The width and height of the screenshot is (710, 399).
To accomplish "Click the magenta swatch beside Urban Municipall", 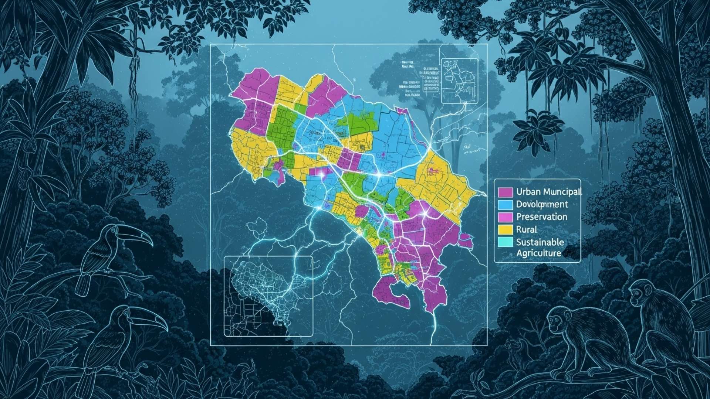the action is (505, 192).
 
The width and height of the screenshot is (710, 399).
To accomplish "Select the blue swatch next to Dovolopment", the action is (505, 204).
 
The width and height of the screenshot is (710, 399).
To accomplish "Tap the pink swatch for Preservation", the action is (505, 217).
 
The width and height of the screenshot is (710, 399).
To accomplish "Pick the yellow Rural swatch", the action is (505, 229).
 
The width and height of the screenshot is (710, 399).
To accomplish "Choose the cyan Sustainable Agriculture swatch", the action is (505, 242).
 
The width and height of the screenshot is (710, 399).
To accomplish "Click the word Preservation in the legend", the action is (542, 217).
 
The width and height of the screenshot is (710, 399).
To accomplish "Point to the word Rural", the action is (527, 229).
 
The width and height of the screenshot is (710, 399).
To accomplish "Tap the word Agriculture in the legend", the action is (539, 253).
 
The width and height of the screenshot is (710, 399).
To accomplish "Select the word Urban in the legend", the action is (528, 192).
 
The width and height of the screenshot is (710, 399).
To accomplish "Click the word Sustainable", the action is (540, 242).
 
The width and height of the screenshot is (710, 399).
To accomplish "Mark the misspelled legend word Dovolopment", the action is (542, 204).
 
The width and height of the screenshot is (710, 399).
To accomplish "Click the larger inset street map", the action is (268, 296).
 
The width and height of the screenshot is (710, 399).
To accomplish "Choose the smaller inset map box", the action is (459, 81).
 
